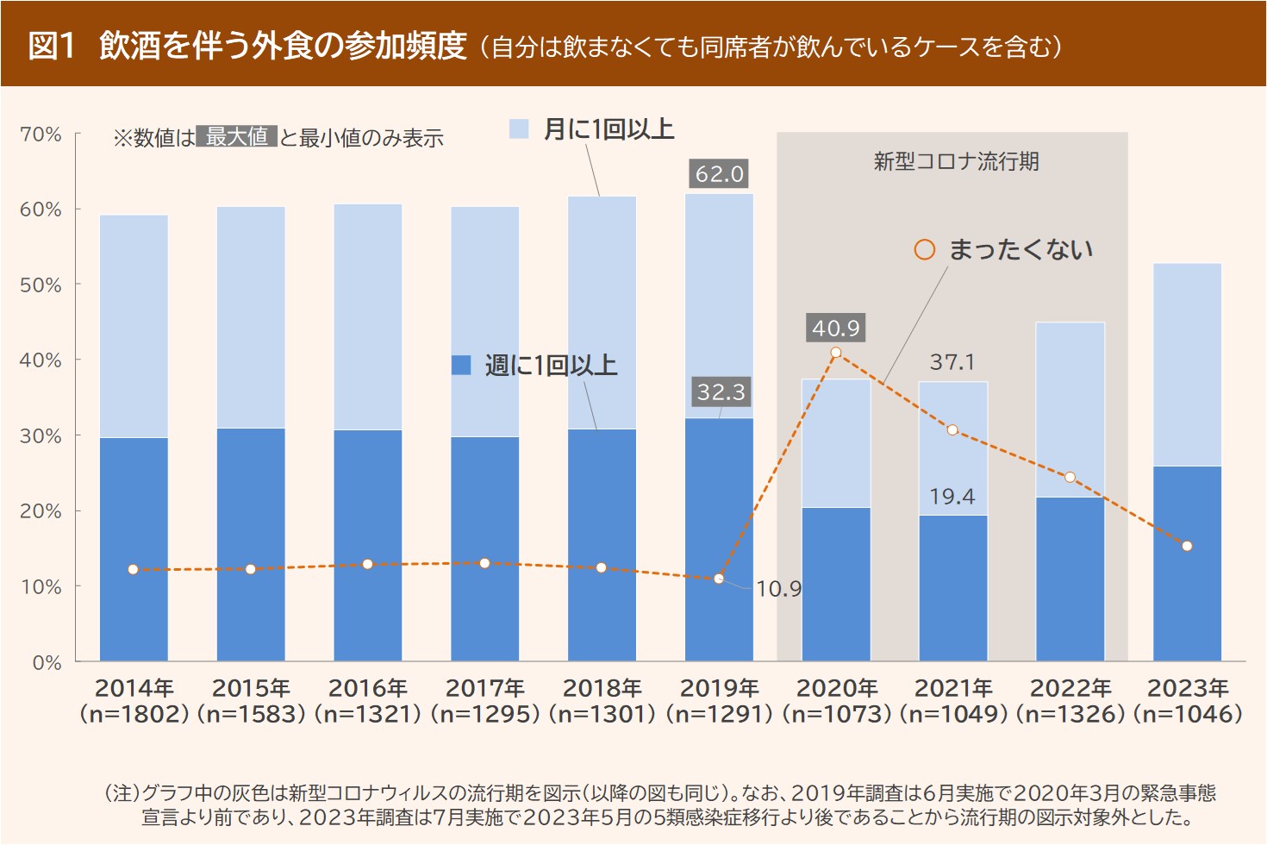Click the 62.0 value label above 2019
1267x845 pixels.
719,174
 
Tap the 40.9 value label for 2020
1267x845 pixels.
836,328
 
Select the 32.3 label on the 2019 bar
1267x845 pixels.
721,392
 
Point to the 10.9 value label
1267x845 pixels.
778,589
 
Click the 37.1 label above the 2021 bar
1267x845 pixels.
952,362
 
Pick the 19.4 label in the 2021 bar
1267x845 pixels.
952,497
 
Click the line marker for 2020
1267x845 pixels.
836,353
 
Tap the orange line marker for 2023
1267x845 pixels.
1187,546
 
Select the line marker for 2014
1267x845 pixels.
133,569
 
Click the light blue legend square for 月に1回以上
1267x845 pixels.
519,129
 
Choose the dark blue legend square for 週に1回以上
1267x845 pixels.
461,366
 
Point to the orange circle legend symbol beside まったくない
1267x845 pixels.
924,250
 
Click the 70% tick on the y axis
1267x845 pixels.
41,135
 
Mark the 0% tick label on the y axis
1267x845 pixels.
47,662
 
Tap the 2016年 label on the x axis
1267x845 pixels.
368,688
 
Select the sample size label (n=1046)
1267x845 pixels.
1188,714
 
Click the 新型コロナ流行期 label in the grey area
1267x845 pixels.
956,161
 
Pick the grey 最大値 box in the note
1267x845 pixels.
237,136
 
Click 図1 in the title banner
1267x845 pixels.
53,45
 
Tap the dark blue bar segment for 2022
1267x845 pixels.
1070,579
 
